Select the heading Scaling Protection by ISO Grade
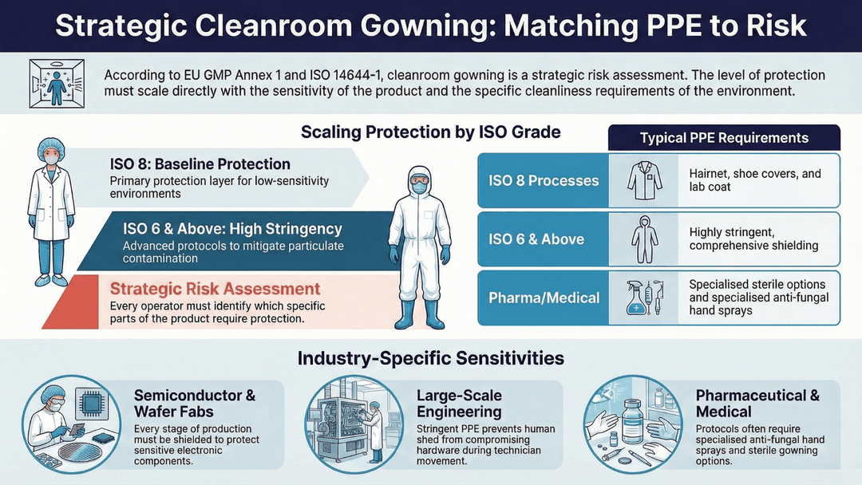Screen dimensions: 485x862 pyautogui.click(x=430, y=132)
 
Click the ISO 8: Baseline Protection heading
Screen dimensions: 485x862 pyautogui.click(x=200, y=164)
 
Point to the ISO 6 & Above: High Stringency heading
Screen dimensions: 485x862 pyautogui.click(x=233, y=229)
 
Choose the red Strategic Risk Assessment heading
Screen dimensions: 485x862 pyautogui.click(x=215, y=289)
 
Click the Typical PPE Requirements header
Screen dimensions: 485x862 pyautogui.click(x=724, y=138)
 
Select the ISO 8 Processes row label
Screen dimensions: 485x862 pyautogui.click(x=544, y=180)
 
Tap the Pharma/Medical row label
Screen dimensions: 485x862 pyautogui.click(x=544, y=298)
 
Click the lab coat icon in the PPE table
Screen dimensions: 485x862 pyautogui.click(x=644, y=181)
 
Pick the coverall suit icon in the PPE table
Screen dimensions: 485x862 pyautogui.click(x=644, y=239)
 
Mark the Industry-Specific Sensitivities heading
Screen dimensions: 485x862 pyautogui.click(x=430, y=358)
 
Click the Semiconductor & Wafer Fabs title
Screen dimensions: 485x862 pyautogui.click(x=194, y=403)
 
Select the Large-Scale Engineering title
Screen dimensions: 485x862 pyautogui.click(x=459, y=403)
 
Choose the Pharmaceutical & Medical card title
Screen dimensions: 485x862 pyautogui.click(x=757, y=403)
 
